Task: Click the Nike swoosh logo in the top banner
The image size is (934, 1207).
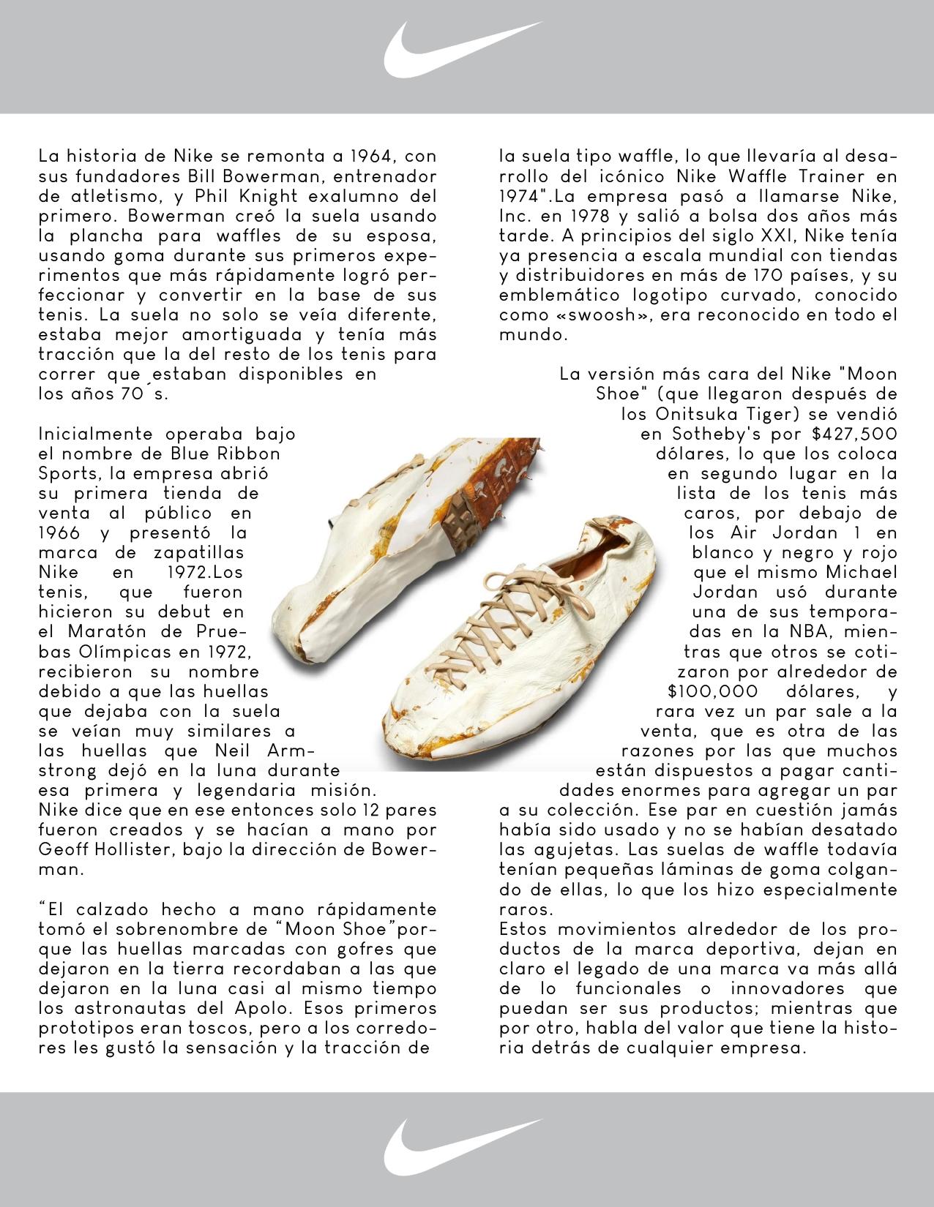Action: (x=462, y=49)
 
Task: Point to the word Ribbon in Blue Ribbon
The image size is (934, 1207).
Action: (x=248, y=454)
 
